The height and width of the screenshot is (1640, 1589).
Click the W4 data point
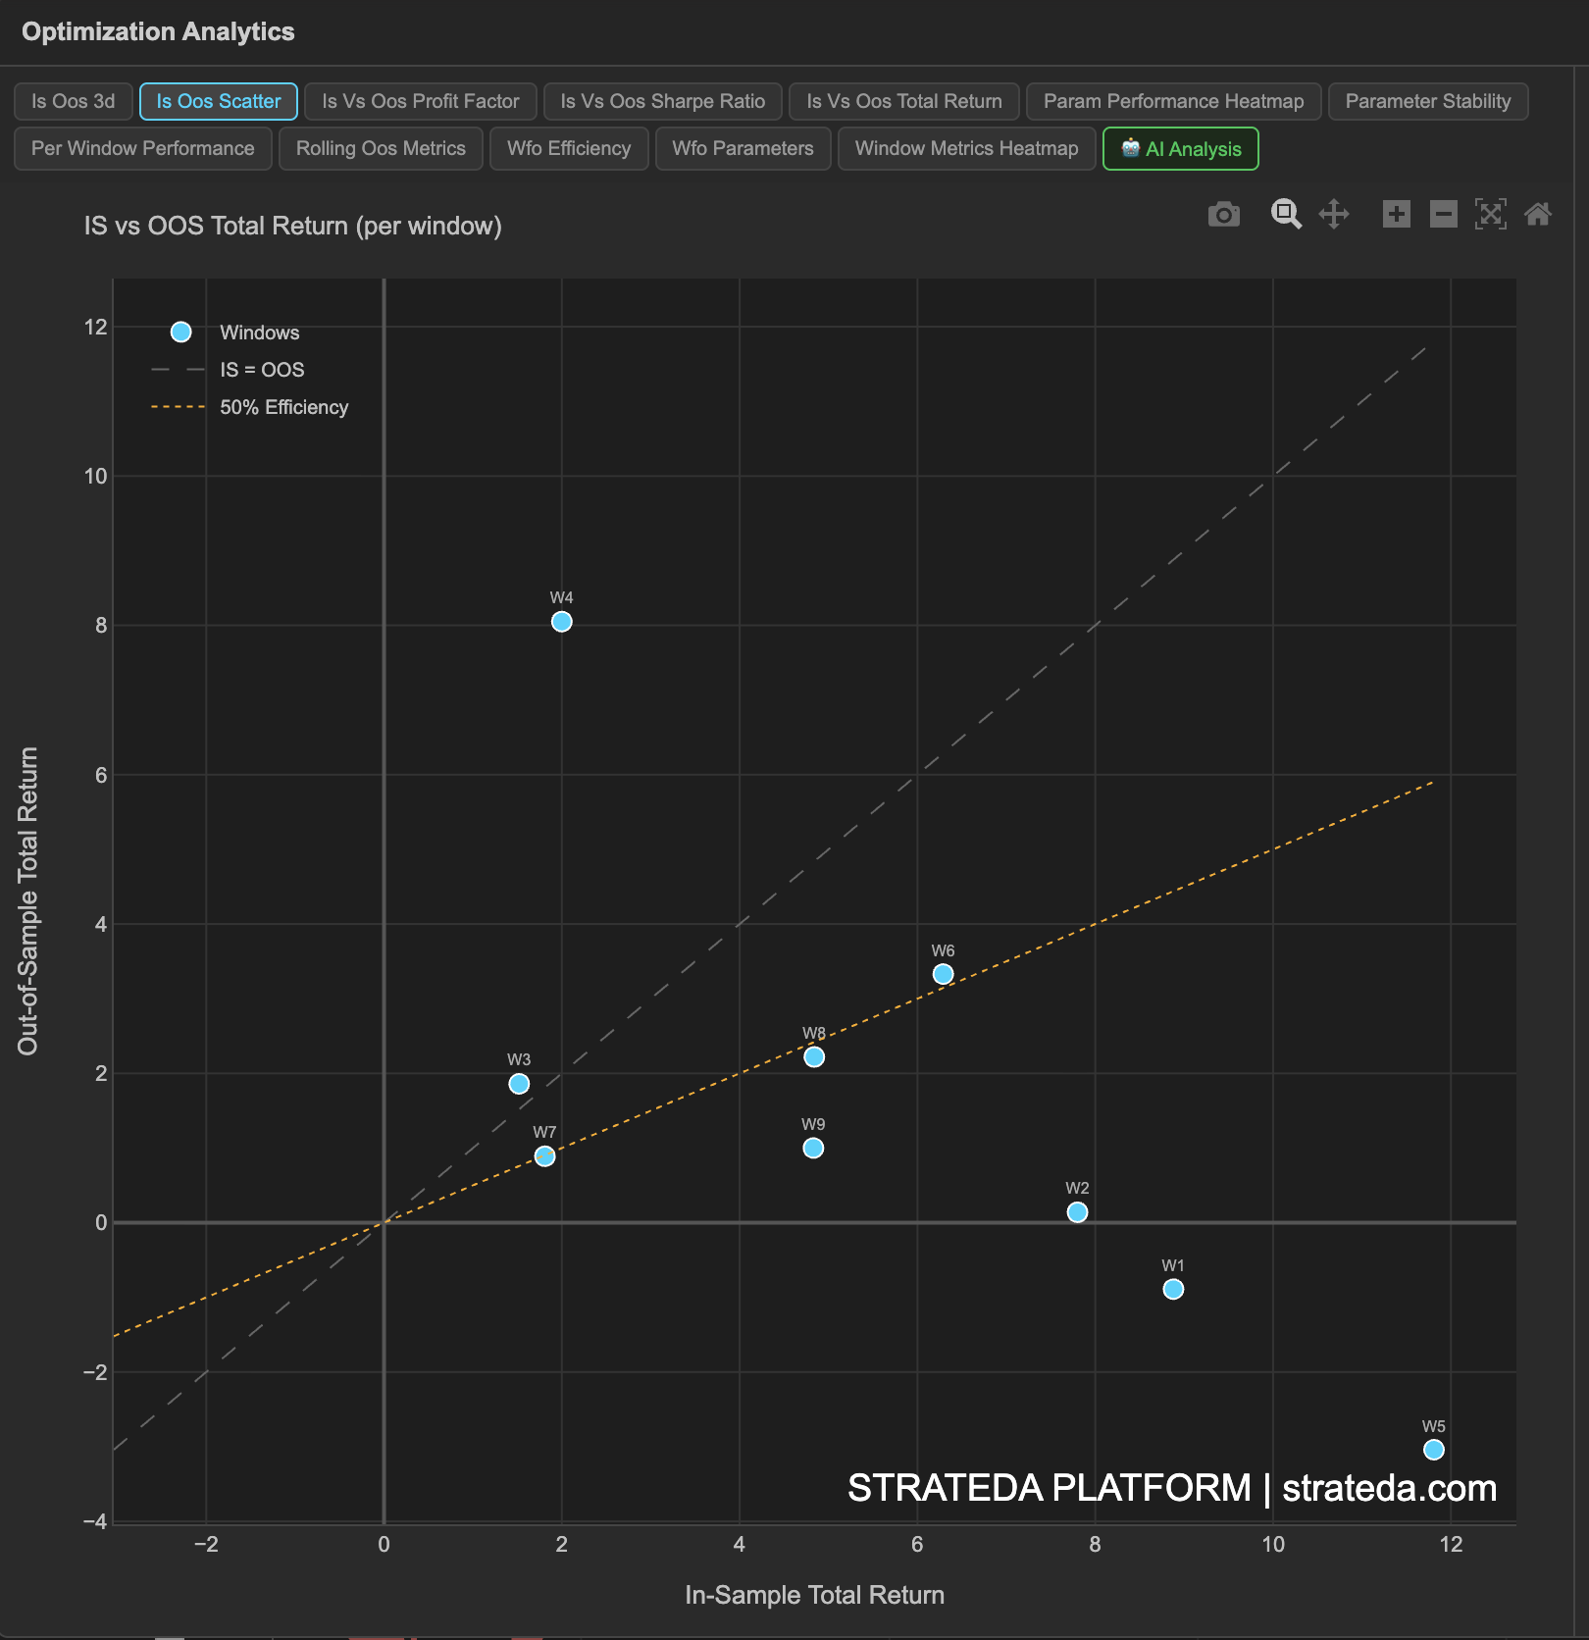(561, 622)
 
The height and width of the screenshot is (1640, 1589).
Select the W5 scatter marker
(1433, 1450)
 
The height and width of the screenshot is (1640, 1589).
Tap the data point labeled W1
(1173, 1289)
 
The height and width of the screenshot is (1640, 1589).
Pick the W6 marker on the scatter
(943, 974)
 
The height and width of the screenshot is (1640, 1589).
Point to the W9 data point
(813, 1148)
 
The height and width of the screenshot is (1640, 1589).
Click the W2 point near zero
(1077, 1212)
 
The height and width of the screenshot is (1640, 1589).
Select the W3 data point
(519, 1084)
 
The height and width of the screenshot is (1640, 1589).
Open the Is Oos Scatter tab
(218, 101)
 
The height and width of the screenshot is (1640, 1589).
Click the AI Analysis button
(1180, 149)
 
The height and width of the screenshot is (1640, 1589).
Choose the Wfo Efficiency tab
(569, 149)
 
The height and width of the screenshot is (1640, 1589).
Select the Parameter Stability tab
(1427, 101)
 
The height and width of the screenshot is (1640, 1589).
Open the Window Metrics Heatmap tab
(966, 149)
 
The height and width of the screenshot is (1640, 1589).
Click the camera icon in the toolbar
(1223, 214)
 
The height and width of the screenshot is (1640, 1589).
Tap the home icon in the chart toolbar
(1537, 214)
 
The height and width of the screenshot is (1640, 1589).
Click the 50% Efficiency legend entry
(283, 407)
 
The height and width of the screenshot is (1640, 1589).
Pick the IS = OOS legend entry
(262, 370)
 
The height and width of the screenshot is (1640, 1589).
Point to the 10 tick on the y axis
(96, 477)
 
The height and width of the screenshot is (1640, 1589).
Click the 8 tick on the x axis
(1095, 1545)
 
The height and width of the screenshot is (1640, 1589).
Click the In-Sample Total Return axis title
(814, 1595)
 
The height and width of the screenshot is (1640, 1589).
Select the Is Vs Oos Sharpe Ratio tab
(662, 101)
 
